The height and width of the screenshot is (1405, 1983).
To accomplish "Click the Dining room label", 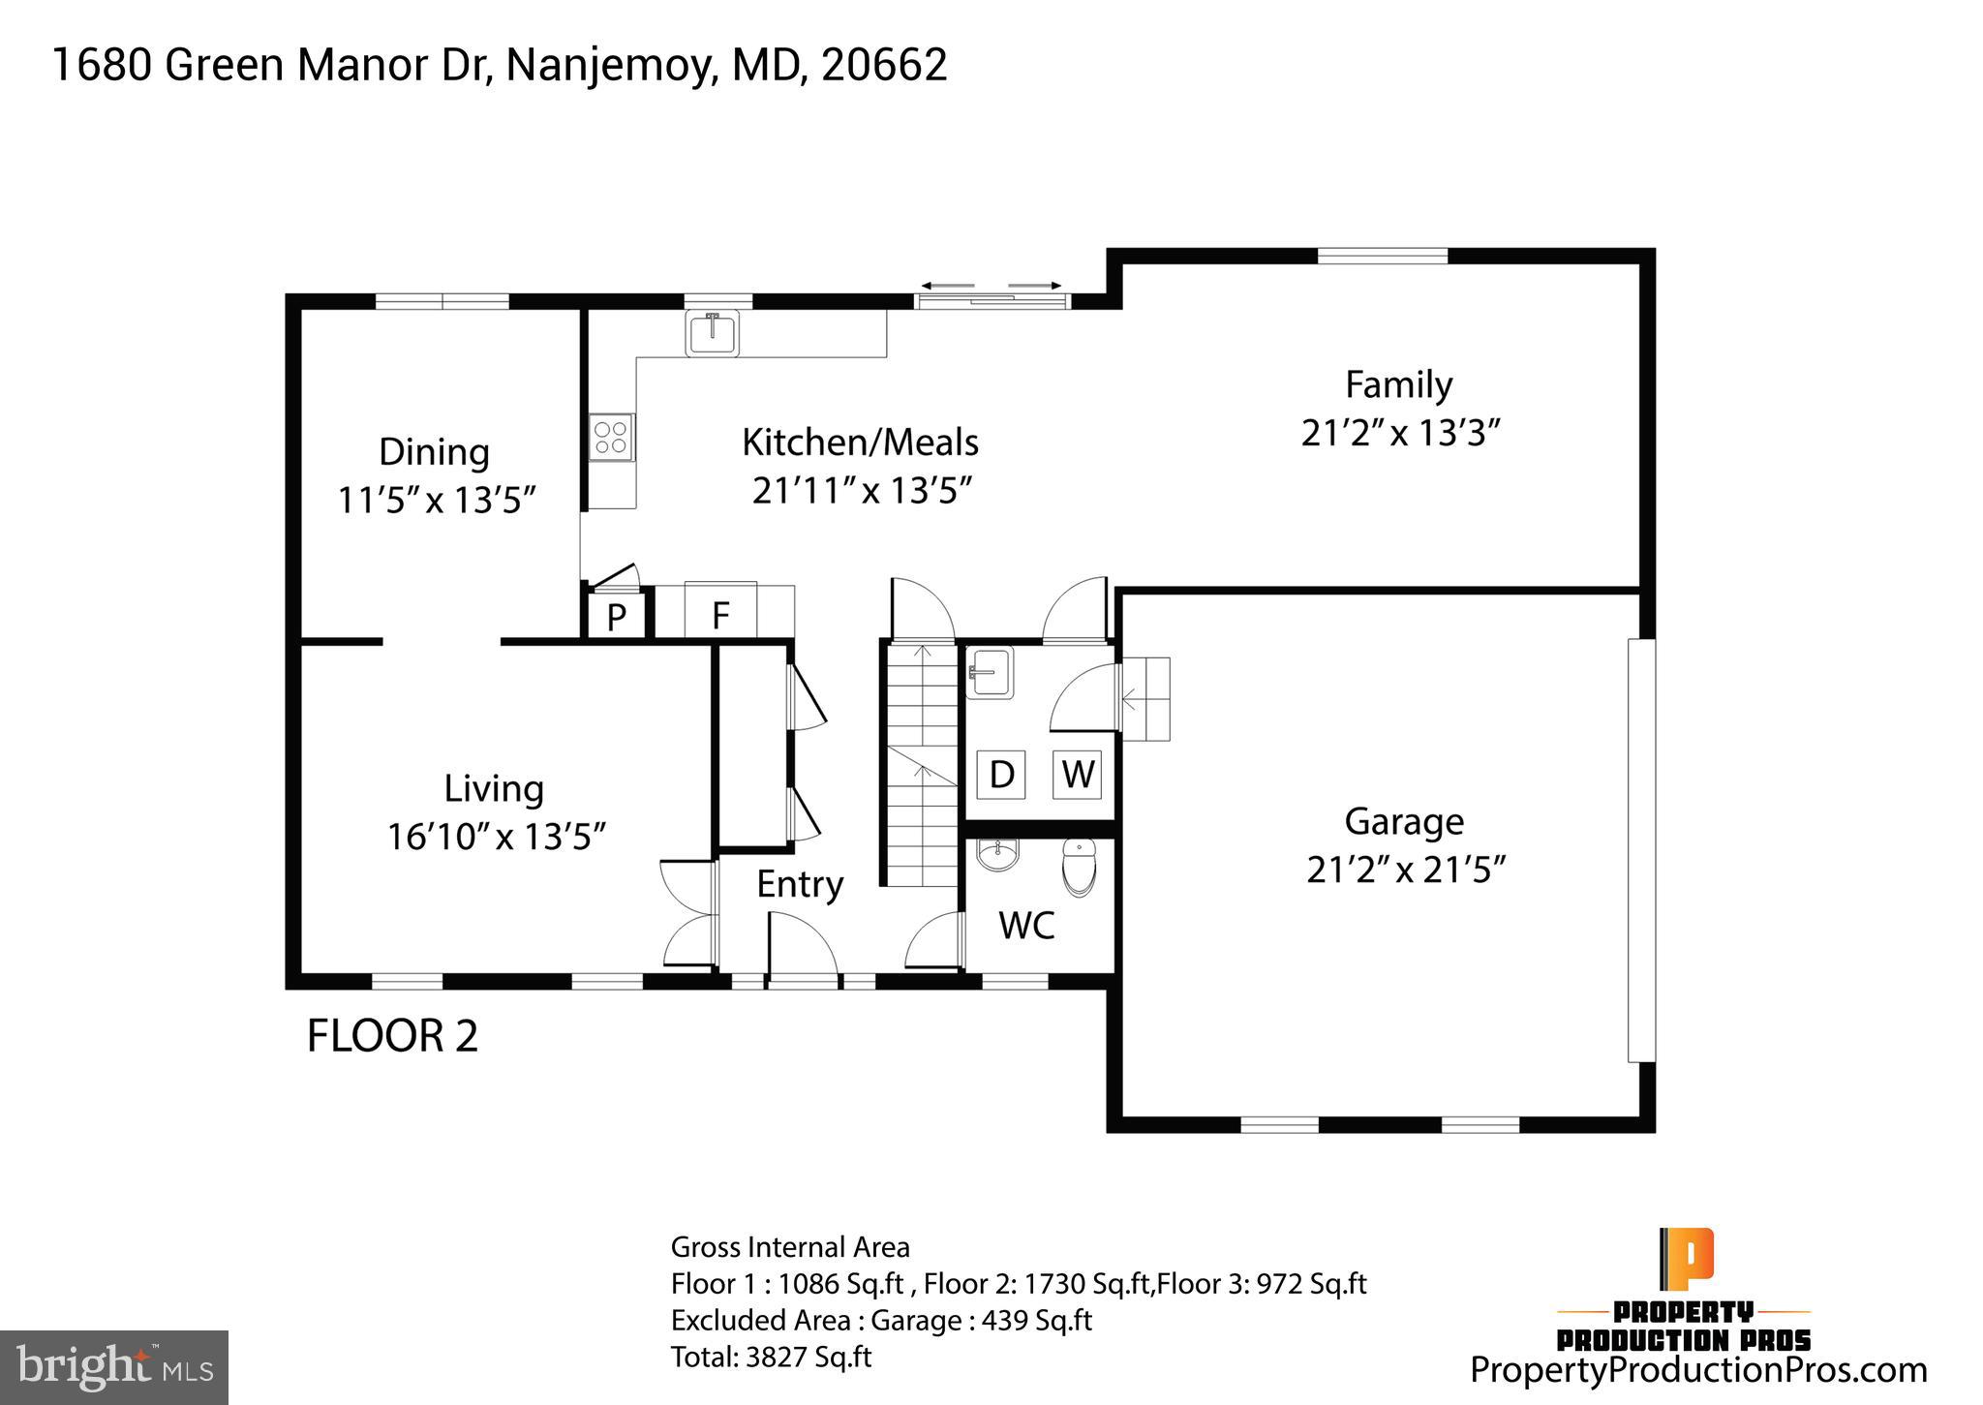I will tap(434, 452).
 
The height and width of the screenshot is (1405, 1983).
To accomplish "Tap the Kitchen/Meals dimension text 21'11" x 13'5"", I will tap(862, 491).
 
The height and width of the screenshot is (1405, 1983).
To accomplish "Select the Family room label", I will tap(1398, 385).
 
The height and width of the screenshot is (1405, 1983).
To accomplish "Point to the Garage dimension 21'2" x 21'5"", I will tap(1406, 870).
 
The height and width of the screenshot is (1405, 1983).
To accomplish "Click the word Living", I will tap(494, 788).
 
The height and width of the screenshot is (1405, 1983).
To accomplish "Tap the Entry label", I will tap(800, 884).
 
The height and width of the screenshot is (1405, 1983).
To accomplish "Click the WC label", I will tap(1026, 926).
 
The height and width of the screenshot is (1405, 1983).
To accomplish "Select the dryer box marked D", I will tap(1001, 774).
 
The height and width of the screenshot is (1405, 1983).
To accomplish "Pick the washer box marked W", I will tap(1078, 774).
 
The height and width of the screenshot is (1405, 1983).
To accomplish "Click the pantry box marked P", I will tap(616, 616).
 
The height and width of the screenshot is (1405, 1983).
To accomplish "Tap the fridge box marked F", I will tap(720, 614).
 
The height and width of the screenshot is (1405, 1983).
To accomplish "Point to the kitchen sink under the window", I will tap(712, 332).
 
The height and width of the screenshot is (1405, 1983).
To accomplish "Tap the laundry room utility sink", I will tap(990, 671).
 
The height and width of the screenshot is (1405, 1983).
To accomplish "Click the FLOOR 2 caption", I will tap(392, 1036).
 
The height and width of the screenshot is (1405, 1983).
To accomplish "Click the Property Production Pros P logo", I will tap(1687, 1259).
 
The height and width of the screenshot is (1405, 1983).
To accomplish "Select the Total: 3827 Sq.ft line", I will tap(771, 1357).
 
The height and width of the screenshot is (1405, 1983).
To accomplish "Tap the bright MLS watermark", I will tap(114, 1367).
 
